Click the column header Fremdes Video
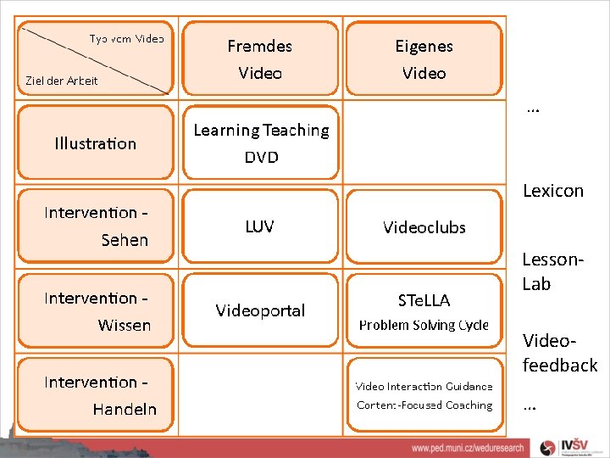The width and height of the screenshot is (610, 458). coord(260,59)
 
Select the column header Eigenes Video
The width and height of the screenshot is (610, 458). coord(424,59)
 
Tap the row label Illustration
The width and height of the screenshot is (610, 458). coord(95,143)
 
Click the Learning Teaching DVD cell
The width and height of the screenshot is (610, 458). coord(261,143)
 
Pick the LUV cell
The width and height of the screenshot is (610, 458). coord(259,226)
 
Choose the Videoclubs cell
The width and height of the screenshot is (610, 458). coord(424,227)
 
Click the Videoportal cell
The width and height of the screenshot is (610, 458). coord(260,310)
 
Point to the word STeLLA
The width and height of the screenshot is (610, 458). coord(424,300)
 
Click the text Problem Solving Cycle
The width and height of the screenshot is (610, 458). coord(424,325)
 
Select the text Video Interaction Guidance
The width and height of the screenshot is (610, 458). coord(424,386)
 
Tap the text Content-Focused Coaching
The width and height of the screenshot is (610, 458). coord(424,405)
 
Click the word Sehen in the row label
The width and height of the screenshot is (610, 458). coord(125,240)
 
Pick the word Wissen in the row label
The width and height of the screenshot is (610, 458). coord(125,325)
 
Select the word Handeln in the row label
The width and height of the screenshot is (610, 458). coord(125,409)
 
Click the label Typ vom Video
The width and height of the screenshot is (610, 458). coord(127,38)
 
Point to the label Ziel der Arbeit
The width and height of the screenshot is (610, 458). coord(62,81)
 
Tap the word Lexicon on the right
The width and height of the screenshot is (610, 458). coord(553,191)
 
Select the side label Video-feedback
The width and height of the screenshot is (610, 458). coord(559,353)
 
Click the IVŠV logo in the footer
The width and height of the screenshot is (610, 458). coord(576,446)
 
